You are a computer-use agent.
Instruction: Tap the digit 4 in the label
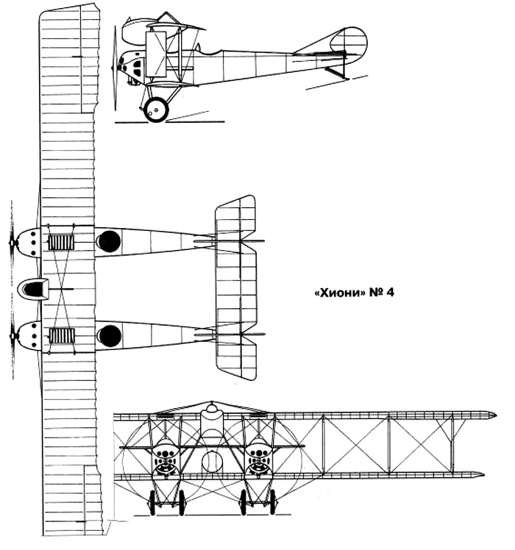390,293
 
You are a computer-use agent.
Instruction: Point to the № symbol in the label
376,293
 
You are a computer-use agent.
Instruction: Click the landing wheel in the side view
156,110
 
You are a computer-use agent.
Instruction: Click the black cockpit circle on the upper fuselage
109,241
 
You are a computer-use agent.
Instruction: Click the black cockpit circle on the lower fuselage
110,336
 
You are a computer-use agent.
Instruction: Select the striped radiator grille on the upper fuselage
61,243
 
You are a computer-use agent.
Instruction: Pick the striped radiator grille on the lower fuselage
62,336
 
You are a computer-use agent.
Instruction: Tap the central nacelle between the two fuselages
33,289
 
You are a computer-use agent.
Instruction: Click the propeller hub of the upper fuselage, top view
13,243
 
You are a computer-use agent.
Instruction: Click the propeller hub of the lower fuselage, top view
13,336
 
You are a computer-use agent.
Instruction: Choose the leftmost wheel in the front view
152,503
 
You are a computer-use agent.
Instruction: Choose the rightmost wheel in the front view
273,502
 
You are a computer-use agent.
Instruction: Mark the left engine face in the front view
166,458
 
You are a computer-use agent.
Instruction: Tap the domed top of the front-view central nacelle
211,407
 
